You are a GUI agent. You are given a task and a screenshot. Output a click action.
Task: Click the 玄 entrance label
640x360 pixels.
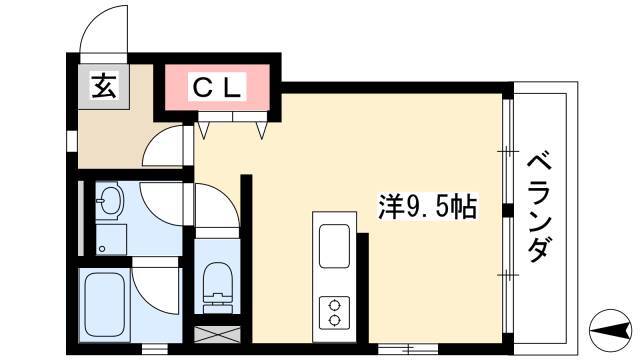(103, 87)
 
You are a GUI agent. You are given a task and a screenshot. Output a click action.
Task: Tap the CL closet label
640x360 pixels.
(216, 87)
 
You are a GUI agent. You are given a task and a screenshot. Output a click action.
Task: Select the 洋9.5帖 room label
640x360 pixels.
(427, 207)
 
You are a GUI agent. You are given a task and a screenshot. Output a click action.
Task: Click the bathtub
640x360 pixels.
(104, 304)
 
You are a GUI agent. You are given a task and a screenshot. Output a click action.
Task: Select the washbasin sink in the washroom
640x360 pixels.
(108, 200)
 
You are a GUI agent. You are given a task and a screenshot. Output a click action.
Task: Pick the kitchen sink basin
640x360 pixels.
(334, 246)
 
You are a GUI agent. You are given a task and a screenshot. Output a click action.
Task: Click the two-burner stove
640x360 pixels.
(334, 312)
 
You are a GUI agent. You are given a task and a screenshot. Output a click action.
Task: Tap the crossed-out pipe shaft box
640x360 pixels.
(217, 334)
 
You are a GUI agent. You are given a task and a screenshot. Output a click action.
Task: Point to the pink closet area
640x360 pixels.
(217, 87)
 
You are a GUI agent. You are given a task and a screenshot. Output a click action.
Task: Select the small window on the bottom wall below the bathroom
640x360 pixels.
(155, 349)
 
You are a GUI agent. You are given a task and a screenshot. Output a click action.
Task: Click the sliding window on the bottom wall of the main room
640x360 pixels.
(408, 349)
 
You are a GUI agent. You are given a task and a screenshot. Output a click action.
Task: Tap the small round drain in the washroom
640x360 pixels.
(102, 248)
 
